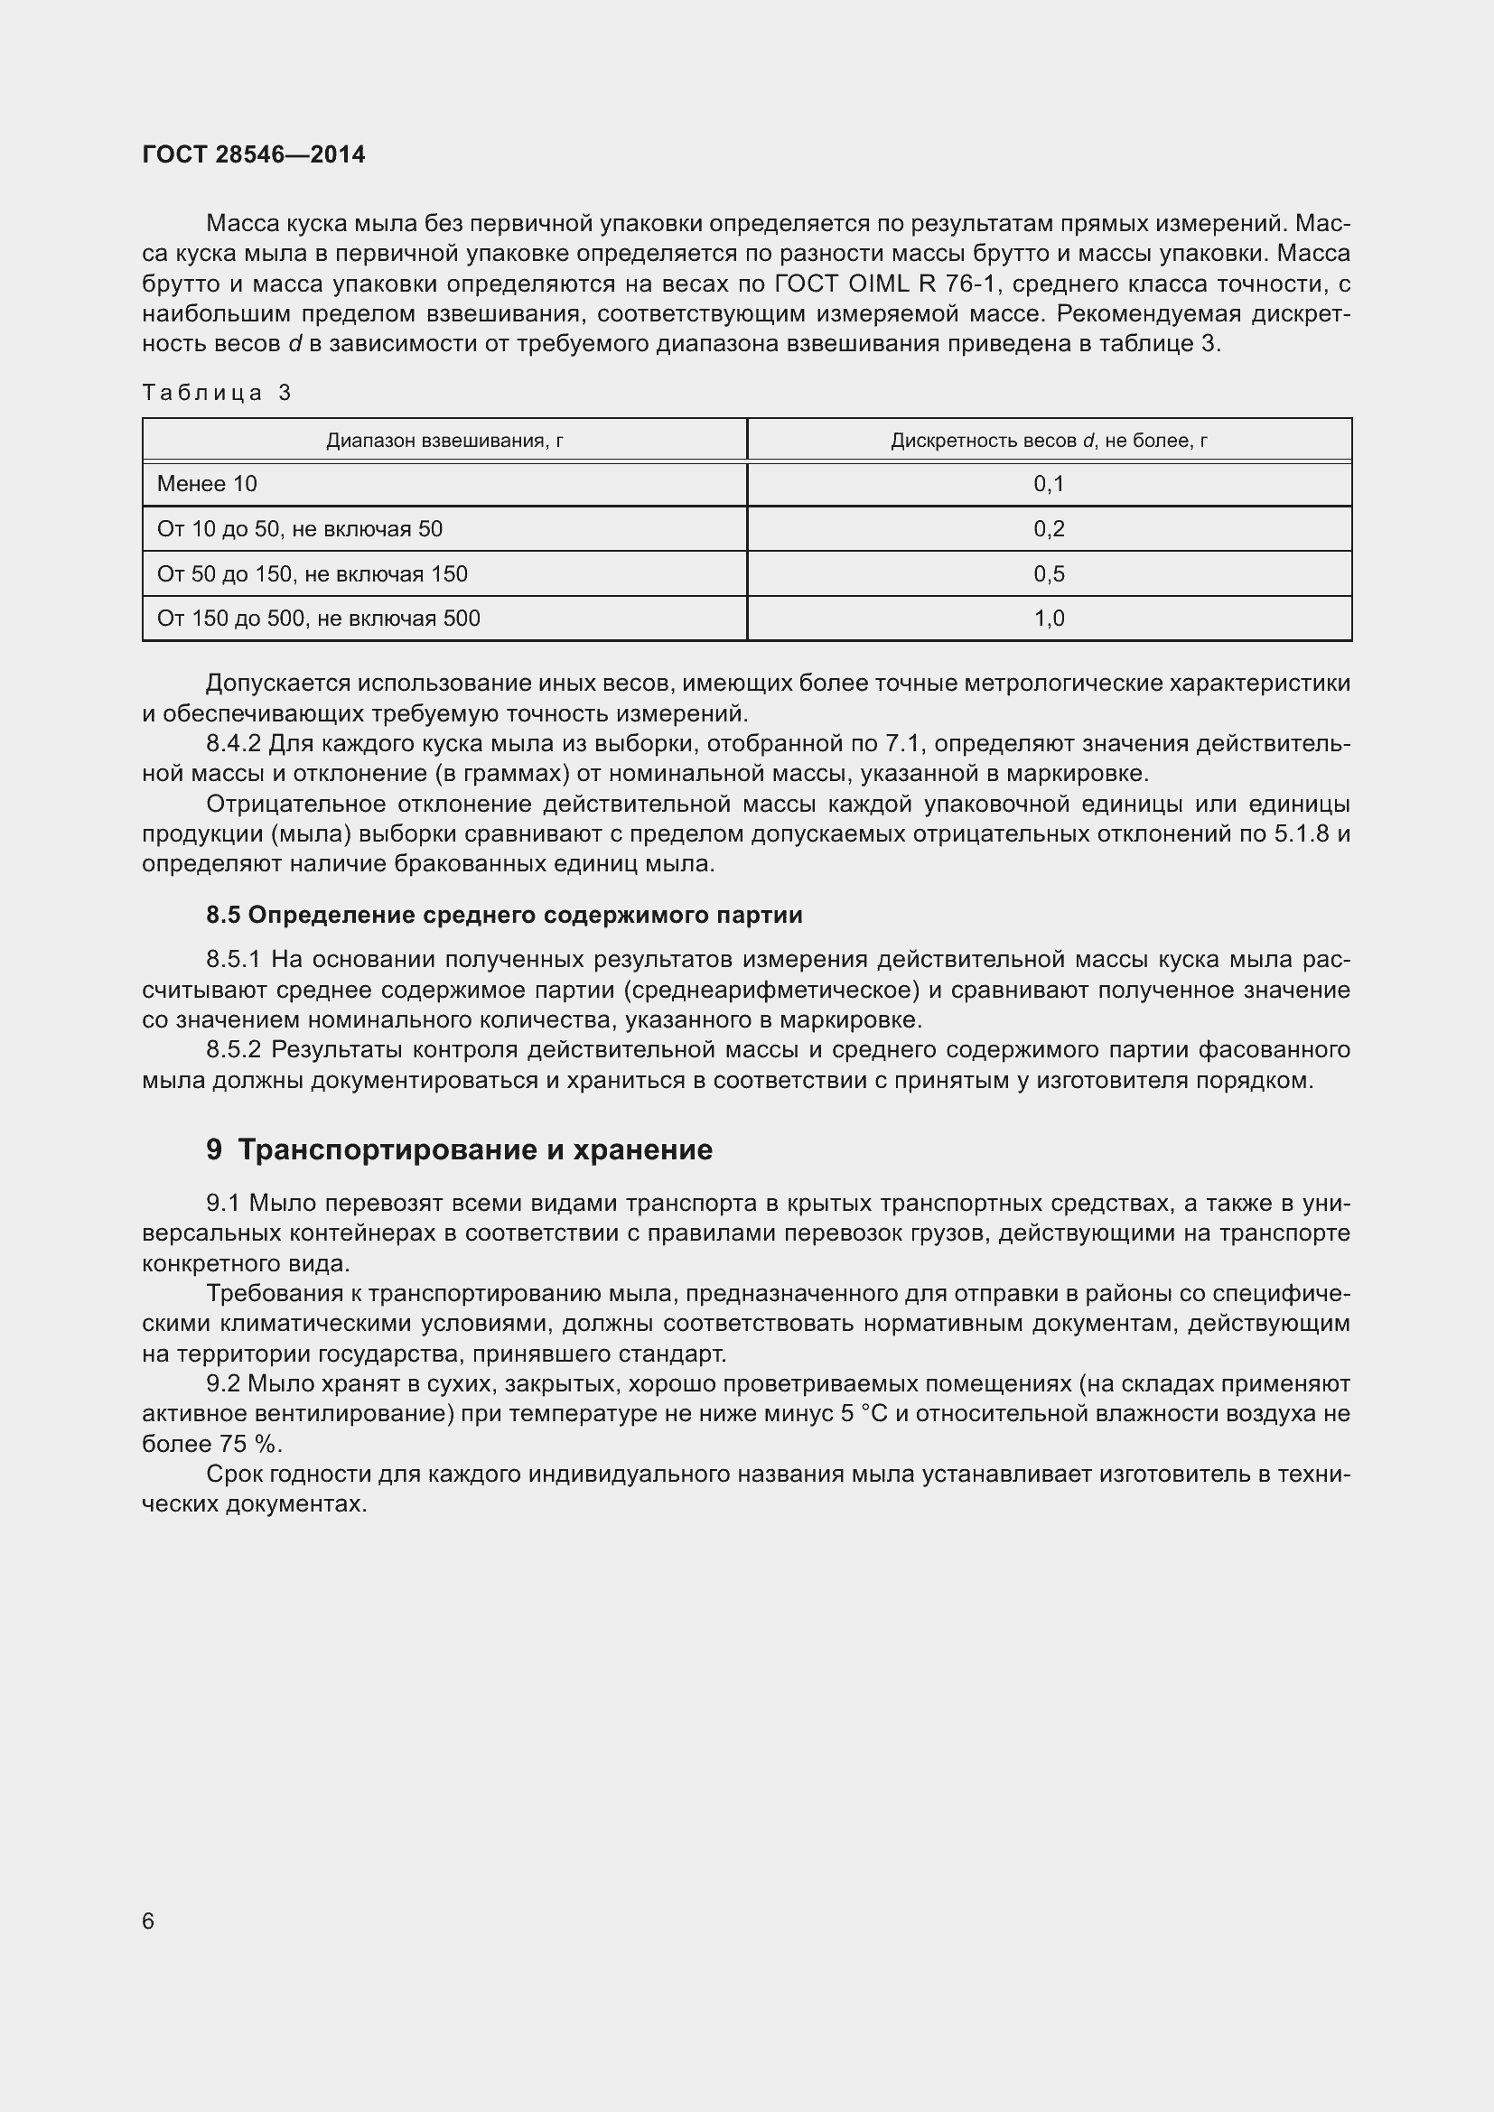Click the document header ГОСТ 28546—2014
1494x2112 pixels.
[254, 154]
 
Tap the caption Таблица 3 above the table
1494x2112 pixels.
[217, 393]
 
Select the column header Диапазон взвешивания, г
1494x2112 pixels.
[444, 441]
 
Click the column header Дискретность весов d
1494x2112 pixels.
[1049, 441]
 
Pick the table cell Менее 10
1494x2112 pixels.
[207, 484]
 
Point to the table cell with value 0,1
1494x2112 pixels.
[1049, 484]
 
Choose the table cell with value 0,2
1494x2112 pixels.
[1049, 529]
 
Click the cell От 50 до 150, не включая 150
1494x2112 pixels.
[312, 574]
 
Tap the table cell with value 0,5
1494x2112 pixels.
[1049, 574]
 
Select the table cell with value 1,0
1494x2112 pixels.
[1049, 619]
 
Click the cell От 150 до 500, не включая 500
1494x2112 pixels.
[318, 619]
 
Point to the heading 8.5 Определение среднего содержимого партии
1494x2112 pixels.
[504, 916]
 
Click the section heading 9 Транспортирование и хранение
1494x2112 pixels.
[459, 1149]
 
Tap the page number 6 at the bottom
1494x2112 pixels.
[148, 1921]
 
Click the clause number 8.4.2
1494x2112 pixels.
[234, 743]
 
